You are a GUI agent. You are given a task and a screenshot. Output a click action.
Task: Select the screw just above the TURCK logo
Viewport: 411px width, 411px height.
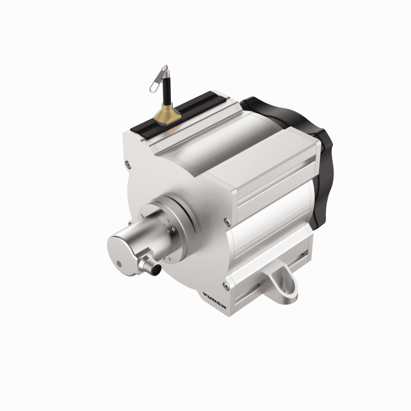coord(226,285)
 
